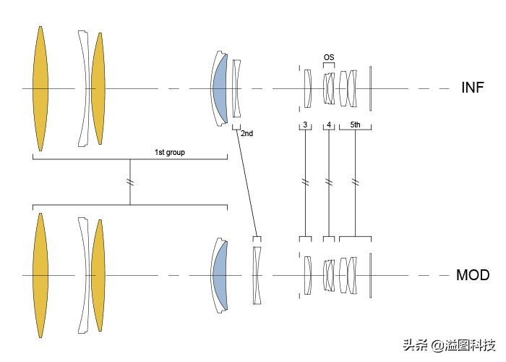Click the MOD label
[473, 275]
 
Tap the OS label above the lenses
[329, 57]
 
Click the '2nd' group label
[247, 133]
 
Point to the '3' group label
[305, 125]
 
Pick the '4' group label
[329, 125]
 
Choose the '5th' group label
[355, 125]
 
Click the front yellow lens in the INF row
[40, 88]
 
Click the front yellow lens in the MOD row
[40, 275]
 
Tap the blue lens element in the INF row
[220, 88]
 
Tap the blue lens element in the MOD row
[220, 275]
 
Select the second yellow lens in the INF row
[98, 88]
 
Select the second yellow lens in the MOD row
[98, 275]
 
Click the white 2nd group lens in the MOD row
[256, 275]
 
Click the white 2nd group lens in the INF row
[236, 88]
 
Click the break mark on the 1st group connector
[130, 180]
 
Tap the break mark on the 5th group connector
[355, 181]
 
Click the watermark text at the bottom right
[454, 345]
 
